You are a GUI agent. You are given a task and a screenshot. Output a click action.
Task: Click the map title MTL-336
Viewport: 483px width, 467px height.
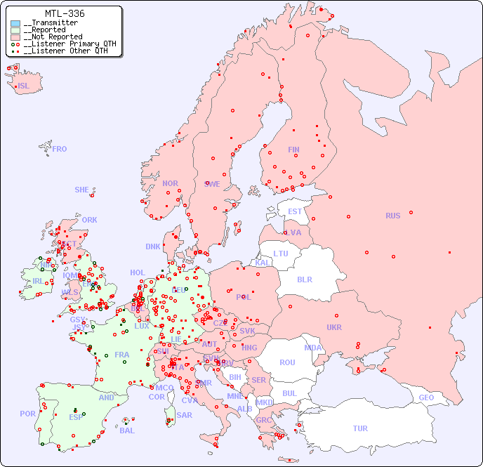(x=64, y=13)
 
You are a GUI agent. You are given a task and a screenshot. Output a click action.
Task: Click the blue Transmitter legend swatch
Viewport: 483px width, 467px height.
(x=15, y=23)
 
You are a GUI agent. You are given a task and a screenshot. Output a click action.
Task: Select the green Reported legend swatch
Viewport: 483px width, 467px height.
(x=15, y=30)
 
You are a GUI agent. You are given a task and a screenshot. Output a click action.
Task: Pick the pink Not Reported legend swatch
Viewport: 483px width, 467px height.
(x=15, y=37)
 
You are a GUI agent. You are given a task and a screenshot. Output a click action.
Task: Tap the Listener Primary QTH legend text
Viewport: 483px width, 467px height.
(x=70, y=44)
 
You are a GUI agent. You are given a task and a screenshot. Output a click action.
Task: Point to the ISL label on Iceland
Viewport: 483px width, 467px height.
(x=24, y=86)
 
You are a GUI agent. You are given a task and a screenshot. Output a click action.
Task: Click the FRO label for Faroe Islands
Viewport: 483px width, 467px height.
(x=60, y=149)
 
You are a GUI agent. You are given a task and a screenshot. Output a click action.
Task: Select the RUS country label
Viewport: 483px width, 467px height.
(x=392, y=216)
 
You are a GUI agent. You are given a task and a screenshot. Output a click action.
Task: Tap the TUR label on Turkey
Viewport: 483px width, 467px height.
(x=360, y=428)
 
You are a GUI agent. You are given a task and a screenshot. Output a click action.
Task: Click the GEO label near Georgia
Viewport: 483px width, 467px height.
(x=426, y=397)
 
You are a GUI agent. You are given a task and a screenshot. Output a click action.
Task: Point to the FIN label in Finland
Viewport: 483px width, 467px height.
(x=293, y=150)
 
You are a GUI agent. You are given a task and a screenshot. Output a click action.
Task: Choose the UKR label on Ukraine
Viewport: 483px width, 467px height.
(x=334, y=327)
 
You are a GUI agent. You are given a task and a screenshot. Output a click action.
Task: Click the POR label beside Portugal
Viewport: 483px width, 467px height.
(x=27, y=414)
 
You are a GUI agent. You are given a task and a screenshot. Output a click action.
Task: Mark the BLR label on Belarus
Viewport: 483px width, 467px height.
(x=305, y=279)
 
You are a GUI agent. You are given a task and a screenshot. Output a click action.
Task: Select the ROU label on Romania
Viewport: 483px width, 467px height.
(x=287, y=362)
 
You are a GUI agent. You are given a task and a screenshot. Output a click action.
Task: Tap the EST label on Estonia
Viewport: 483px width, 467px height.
(x=295, y=211)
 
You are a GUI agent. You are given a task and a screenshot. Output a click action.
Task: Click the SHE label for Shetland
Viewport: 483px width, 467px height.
(x=82, y=190)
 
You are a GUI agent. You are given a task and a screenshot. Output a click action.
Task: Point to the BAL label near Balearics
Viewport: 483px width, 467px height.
(x=126, y=430)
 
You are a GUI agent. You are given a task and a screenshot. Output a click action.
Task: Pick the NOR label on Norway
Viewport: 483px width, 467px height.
(x=170, y=183)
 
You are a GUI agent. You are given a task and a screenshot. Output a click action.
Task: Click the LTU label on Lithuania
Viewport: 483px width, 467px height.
(x=281, y=254)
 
